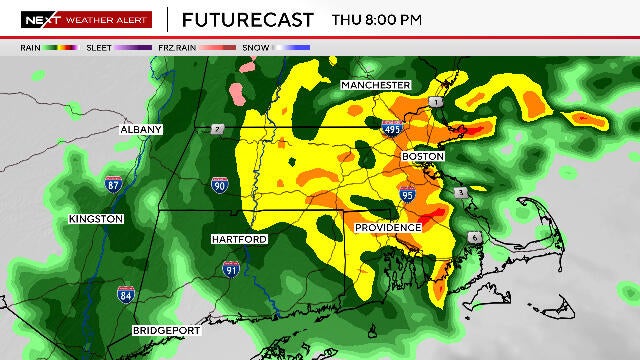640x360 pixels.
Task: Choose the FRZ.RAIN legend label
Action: (177, 46)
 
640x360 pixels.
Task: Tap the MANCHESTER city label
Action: (376, 85)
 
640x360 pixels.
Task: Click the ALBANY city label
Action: (141, 129)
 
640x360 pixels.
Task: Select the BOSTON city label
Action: (422, 157)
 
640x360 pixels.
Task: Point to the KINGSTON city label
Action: (96, 218)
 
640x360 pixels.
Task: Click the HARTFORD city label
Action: (238, 239)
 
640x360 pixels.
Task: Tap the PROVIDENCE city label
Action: (388, 228)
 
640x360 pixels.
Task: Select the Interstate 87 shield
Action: (116, 184)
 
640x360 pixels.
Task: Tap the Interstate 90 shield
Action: (220, 185)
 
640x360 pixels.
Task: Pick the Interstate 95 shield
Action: (407, 193)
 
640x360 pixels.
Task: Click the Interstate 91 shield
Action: (230, 267)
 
